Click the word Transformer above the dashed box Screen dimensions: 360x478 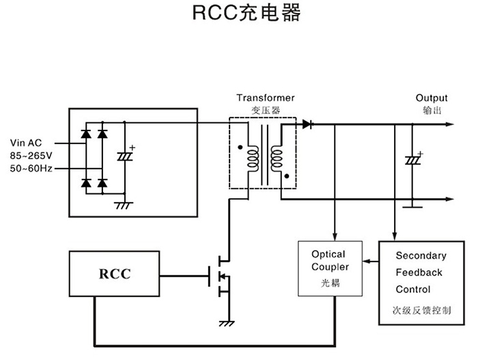pos(266,98)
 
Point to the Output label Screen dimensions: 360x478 pos(432,98)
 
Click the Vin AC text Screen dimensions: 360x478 pos(27,143)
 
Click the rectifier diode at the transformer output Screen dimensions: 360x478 pos(307,124)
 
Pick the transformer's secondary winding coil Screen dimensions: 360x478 pos(277,159)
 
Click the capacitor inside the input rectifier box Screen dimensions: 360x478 pos(124,156)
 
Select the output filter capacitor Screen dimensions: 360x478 pos(412,161)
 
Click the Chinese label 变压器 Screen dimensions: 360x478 pos(266,109)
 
